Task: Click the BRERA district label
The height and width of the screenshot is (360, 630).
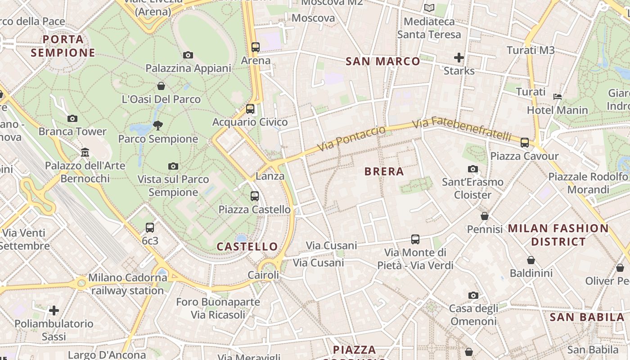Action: pyautogui.click(x=384, y=171)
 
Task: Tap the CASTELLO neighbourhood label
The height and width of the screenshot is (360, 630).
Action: pyautogui.click(x=247, y=247)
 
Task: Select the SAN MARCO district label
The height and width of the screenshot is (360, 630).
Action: pyautogui.click(x=382, y=61)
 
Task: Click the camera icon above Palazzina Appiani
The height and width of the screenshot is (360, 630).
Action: pyautogui.click(x=188, y=55)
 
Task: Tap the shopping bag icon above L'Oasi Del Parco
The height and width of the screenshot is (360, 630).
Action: pyautogui.click(x=161, y=85)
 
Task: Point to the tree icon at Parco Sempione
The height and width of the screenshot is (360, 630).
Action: pyautogui.click(x=158, y=125)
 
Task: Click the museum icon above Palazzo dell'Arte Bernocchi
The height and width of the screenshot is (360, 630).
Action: pyautogui.click(x=85, y=152)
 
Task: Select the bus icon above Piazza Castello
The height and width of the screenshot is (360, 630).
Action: pyautogui.click(x=255, y=196)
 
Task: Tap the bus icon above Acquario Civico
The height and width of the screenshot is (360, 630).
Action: pyautogui.click(x=250, y=108)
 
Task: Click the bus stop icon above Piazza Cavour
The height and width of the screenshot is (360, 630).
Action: pyautogui.click(x=525, y=142)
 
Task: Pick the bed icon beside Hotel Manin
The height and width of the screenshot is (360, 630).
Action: pyautogui.click(x=558, y=96)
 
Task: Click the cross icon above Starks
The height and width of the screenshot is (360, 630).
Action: pyautogui.click(x=459, y=57)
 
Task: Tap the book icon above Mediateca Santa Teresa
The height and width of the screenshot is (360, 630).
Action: pyautogui.click(x=429, y=8)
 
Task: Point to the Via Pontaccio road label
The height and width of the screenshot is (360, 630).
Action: pyautogui.click(x=351, y=139)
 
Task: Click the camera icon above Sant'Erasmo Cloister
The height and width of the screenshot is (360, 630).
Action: pyautogui.click(x=472, y=169)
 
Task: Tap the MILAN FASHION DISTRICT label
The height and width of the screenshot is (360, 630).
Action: pyautogui.click(x=558, y=235)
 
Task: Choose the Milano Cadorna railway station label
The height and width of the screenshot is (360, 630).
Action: pyautogui.click(x=127, y=284)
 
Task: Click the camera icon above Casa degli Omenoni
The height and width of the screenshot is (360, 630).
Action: pyautogui.click(x=473, y=295)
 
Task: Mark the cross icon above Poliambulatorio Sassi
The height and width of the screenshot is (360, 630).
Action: pyautogui.click(x=54, y=310)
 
